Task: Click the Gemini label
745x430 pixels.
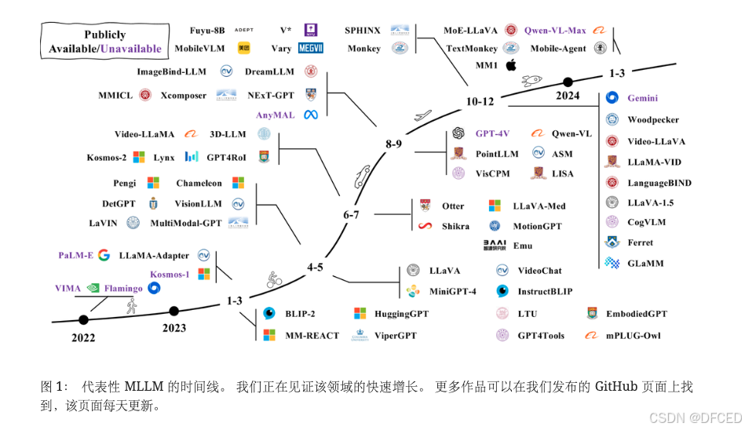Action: click(x=642, y=98)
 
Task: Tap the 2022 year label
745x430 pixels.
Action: click(x=82, y=338)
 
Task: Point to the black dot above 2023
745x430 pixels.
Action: click(x=174, y=311)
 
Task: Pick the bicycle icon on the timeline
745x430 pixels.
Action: click(x=273, y=278)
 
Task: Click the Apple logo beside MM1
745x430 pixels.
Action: click(x=511, y=65)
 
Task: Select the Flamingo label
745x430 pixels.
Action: click(x=124, y=288)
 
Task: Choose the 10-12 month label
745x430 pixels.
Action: click(x=480, y=101)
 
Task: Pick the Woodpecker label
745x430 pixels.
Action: click(x=653, y=120)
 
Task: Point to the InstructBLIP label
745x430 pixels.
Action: click(x=545, y=291)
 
